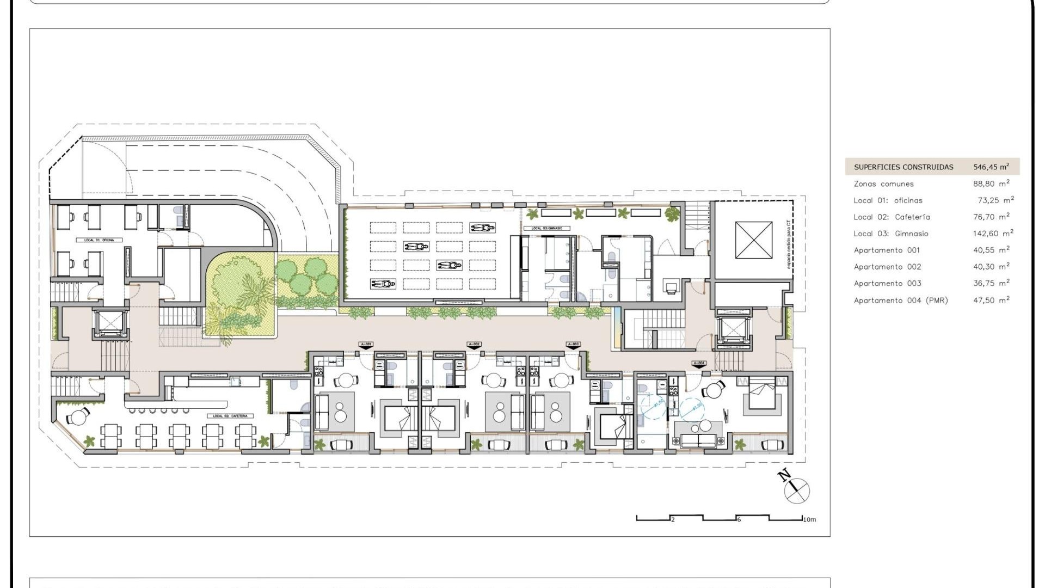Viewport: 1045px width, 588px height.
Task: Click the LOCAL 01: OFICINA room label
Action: pyautogui.click(x=99, y=240)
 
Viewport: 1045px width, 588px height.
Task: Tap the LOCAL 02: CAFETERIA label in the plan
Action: pyautogui.click(x=230, y=416)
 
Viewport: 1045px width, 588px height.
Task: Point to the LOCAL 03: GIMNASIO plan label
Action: pyautogui.click(x=547, y=228)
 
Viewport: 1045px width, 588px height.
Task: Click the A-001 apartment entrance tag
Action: pyautogui.click(x=366, y=345)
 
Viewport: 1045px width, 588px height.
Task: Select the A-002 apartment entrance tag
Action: pyautogui.click(x=474, y=345)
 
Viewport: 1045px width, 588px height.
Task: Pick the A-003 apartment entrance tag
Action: pyautogui.click(x=573, y=345)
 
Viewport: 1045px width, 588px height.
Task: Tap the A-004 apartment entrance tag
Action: pyautogui.click(x=699, y=363)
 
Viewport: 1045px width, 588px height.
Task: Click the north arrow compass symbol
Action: pyautogui.click(x=796, y=489)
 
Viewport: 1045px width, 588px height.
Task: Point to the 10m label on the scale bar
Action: pyautogui.click(x=809, y=519)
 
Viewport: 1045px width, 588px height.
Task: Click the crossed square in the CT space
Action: pyautogui.click(x=754, y=240)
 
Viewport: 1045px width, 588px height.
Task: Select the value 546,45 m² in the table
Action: pyautogui.click(x=991, y=167)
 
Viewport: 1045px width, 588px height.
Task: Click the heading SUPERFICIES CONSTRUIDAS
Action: pyautogui.click(x=903, y=167)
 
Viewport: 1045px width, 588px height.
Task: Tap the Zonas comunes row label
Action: pyautogui.click(x=883, y=184)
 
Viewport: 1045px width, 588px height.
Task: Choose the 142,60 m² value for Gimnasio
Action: pyautogui.click(x=993, y=234)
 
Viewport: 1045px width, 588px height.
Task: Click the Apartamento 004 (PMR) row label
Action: pyautogui.click(x=901, y=300)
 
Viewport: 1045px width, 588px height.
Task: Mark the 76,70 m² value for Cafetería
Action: pyautogui.click(x=991, y=217)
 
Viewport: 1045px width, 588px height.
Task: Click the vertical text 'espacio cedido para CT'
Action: pyautogui.click(x=789, y=244)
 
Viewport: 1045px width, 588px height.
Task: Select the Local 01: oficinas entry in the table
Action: pyautogui.click(x=888, y=200)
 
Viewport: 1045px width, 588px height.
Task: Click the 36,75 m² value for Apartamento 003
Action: pyautogui.click(x=991, y=283)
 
